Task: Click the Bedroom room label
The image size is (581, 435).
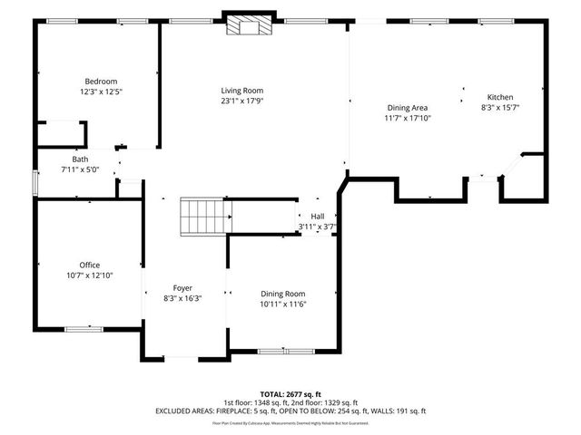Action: coord(101,82)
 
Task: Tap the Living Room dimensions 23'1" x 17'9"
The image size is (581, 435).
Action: coord(241,101)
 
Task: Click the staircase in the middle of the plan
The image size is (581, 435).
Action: coord(204,217)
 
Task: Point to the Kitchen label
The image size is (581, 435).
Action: coord(500,97)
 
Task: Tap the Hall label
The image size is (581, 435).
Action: coord(317,217)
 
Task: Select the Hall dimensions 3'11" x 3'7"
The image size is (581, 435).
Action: coord(317,227)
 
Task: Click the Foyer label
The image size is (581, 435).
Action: coord(182,288)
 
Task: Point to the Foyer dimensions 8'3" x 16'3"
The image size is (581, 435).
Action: coord(182,298)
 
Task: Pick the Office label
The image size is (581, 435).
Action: coord(89,265)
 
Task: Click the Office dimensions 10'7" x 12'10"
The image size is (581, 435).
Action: coord(89,275)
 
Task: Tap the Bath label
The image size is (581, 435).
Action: coord(81,159)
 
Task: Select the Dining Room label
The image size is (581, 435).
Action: coord(283,294)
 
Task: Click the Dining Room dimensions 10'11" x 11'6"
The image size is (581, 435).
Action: coord(283,304)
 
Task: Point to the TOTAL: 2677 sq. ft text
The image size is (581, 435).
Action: coord(291,394)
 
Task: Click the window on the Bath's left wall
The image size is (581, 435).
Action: coord(34,181)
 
